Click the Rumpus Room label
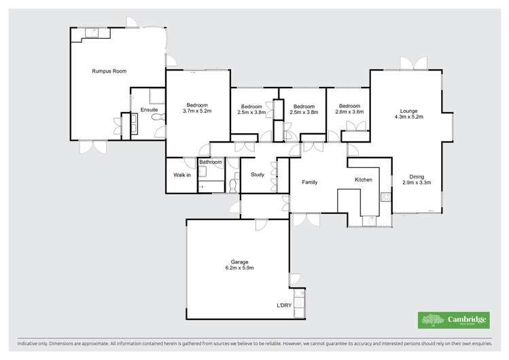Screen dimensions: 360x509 click(x=109, y=71)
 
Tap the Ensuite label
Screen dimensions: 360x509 click(x=149, y=109)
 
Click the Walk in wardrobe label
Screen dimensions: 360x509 click(x=181, y=175)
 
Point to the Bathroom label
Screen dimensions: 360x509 click(x=211, y=162)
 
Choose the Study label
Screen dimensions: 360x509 click(x=258, y=175)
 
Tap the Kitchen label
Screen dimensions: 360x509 click(x=364, y=179)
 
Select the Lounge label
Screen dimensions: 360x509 click(x=408, y=110)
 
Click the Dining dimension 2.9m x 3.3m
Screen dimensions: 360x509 click(x=416, y=183)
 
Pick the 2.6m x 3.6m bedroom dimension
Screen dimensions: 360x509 click(x=349, y=112)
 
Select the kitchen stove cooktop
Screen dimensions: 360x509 click(x=385, y=198)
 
